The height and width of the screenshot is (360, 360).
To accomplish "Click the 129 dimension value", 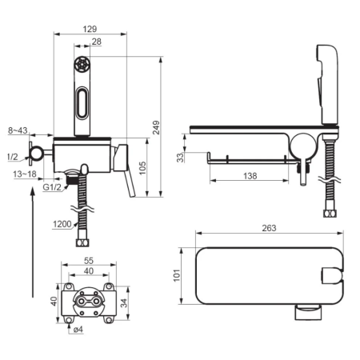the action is point(90,29).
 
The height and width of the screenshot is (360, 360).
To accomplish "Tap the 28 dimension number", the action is point(97,42).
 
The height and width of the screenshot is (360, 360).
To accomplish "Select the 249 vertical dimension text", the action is point(156,127).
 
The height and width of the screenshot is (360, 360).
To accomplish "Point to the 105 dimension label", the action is point(142,168).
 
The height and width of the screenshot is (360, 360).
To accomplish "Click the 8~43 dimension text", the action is point(18,130).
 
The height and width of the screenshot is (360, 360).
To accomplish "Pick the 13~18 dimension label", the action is point(25,174).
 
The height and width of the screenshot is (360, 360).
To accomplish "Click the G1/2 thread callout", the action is point(52,187).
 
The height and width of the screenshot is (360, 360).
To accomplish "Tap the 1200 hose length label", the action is point(62,224).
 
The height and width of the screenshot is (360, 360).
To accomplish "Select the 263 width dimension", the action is point(269,228).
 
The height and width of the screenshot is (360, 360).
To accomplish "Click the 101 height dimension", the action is point(177,275).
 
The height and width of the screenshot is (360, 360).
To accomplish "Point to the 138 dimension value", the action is point(250,176).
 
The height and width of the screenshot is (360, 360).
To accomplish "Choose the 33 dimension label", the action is point(181,158).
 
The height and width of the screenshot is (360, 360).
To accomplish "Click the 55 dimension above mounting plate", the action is point(89,260).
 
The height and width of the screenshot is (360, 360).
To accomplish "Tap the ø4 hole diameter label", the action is point(78,330).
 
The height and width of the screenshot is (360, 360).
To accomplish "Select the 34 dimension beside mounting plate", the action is point(124,303).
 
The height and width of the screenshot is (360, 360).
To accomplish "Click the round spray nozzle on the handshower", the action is point(82,64).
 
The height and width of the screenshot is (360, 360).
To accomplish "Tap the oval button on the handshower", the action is point(82,102).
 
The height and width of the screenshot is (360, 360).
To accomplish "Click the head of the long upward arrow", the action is point(33,190).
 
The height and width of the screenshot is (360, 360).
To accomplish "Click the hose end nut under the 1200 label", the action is point(82,243).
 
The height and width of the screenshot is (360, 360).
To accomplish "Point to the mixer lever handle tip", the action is point(133,195).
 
